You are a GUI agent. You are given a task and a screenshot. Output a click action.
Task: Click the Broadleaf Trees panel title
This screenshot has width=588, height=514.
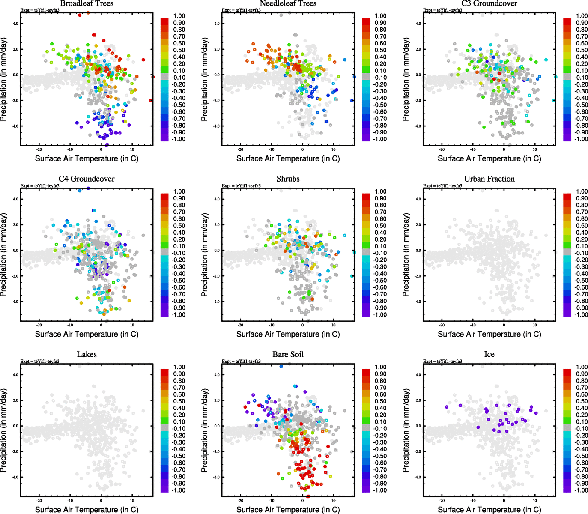[87, 3]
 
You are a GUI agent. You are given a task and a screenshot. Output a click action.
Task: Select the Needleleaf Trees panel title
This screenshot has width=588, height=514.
[288, 3]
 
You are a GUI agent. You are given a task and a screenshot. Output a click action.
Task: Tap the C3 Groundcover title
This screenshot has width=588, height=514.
[489, 3]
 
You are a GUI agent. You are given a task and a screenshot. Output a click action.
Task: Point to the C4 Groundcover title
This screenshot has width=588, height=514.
[87, 179]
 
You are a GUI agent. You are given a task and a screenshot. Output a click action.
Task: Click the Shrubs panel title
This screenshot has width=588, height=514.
[288, 179]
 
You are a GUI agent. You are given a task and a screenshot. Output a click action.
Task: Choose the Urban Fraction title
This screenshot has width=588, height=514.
[489, 179]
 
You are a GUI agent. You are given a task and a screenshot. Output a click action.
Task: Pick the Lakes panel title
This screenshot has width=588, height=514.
[87, 355]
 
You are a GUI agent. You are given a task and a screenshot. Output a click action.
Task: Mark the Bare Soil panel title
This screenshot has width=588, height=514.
[288, 355]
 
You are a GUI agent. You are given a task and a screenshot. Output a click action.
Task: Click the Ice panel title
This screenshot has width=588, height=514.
[489, 355]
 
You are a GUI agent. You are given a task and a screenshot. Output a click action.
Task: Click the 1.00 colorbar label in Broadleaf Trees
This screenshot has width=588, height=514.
[179, 16]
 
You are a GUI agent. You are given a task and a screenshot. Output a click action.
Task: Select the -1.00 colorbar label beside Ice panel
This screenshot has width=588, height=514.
[581, 490]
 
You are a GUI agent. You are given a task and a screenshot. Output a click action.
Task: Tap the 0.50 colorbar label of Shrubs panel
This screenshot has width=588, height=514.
[380, 226]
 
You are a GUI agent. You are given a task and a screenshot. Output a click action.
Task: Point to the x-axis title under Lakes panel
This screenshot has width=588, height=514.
[87, 510]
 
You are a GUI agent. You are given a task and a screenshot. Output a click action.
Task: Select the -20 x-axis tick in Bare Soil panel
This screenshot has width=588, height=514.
[240, 501]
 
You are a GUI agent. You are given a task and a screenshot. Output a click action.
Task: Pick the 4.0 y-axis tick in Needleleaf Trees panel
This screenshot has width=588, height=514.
[217, 24]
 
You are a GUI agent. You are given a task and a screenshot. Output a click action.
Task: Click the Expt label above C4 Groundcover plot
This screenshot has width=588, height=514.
[40, 185]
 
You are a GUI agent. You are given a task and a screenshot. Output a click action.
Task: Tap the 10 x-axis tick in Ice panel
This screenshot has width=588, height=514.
[535, 501]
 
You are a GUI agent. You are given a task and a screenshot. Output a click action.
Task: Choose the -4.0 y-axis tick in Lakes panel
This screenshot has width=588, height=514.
[15, 477]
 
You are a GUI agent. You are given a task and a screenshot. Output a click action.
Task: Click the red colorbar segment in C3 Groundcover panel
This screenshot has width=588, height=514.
[567, 21]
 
